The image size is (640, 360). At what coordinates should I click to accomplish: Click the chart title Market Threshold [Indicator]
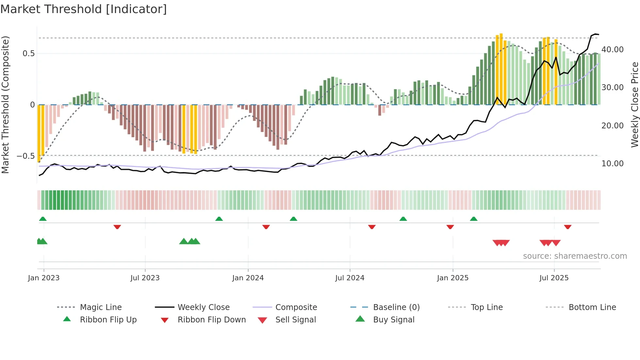[x=84, y=9]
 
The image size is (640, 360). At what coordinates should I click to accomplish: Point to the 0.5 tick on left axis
[x=28, y=53]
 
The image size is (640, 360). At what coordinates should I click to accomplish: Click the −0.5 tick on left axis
[x=26, y=156]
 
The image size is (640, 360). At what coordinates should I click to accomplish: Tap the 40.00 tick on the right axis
[x=612, y=49]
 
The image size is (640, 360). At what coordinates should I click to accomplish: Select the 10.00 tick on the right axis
[x=612, y=163]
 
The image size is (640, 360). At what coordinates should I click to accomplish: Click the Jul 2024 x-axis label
[x=349, y=278]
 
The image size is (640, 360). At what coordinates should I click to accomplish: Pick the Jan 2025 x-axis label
[x=453, y=278]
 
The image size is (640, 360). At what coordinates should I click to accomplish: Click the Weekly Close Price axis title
[x=634, y=105]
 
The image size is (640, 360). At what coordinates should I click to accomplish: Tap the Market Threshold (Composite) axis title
[x=5, y=105]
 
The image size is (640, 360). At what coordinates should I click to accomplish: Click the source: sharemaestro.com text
[x=575, y=256]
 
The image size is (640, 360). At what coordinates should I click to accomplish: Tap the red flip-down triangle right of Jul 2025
[x=568, y=227]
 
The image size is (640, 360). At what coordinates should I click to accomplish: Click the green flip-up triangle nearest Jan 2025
[x=473, y=219]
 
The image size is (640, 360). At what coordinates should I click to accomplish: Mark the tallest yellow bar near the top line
[x=501, y=69]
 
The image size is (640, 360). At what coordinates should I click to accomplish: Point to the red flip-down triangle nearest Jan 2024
[x=266, y=227]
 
